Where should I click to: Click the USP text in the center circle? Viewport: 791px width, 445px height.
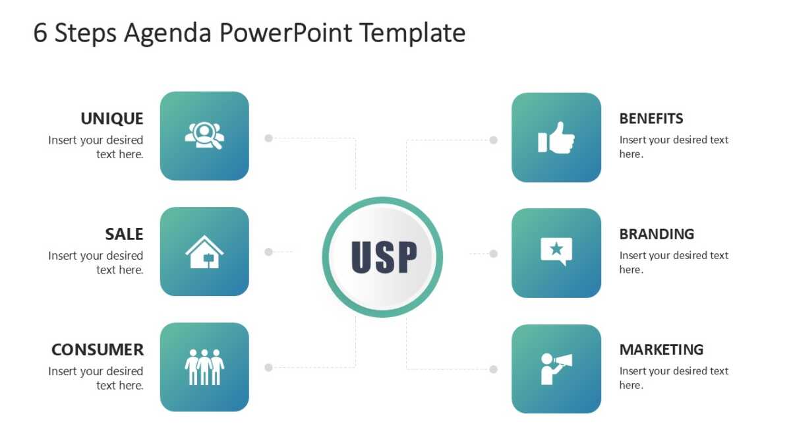(x=384, y=257)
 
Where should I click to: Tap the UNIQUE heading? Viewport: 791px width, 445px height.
(x=112, y=119)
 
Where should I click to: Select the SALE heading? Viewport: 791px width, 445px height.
(x=124, y=234)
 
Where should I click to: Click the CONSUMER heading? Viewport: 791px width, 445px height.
(x=98, y=349)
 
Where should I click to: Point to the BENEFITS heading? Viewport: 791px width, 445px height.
(x=651, y=119)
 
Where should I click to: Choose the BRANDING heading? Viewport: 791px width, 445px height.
(x=657, y=234)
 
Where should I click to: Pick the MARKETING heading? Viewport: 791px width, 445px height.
(x=661, y=349)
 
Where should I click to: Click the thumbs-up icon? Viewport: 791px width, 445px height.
(x=556, y=138)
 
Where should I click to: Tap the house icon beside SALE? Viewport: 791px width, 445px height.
(x=204, y=252)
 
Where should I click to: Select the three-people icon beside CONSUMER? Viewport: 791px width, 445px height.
(x=204, y=367)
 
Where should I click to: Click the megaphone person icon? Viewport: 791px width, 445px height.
(x=556, y=369)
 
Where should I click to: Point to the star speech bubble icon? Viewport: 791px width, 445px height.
(x=556, y=251)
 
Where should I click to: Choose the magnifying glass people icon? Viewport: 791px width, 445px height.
(x=204, y=136)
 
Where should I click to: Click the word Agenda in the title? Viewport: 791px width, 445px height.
(x=167, y=33)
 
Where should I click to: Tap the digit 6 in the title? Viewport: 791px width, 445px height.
(x=40, y=33)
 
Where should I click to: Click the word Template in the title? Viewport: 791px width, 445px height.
(x=413, y=33)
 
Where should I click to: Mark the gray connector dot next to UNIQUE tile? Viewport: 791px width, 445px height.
(x=269, y=138)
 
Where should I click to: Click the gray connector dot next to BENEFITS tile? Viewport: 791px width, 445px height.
(x=493, y=140)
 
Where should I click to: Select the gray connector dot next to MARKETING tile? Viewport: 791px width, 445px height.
(x=493, y=369)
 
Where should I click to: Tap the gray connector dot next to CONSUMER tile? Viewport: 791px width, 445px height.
(x=269, y=368)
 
